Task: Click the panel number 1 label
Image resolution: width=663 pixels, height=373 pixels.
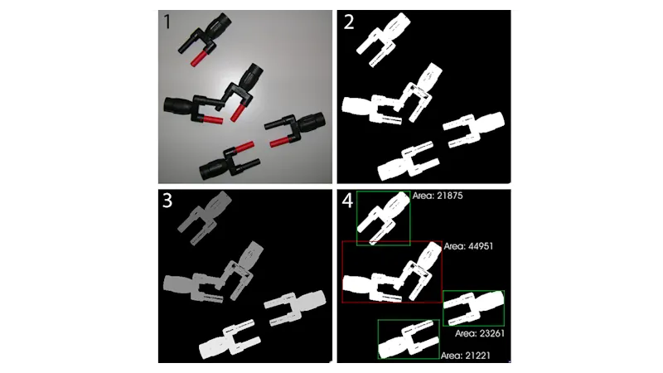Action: [x=167, y=22]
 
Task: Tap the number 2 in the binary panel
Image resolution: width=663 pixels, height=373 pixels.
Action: [x=349, y=22]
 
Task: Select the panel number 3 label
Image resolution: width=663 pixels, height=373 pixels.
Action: [x=167, y=201]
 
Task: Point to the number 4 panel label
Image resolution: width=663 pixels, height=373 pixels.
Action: [x=347, y=201]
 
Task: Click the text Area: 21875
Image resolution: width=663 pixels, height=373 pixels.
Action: [x=438, y=196]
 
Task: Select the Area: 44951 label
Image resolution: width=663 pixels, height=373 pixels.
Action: [x=468, y=246]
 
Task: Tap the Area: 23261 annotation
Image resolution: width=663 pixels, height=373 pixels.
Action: [x=480, y=333]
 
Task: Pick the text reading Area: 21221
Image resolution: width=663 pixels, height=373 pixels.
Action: [x=466, y=356]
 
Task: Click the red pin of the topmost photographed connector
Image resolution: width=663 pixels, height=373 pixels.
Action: [x=198, y=58]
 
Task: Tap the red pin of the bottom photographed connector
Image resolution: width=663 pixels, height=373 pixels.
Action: [x=244, y=148]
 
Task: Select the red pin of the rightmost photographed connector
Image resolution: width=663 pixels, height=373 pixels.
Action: [x=279, y=142]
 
